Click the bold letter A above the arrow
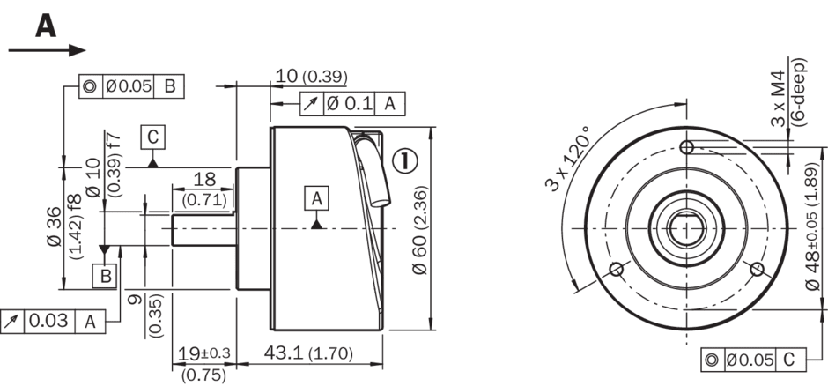click(46, 26)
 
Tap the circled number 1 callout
click(405, 160)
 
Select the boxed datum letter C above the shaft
click(152, 137)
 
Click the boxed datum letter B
click(105, 276)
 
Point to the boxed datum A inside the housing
click(316, 198)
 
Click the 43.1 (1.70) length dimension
click(308, 353)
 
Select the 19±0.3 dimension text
click(203, 353)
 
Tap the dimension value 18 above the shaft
click(204, 180)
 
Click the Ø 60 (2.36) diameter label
click(419, 230)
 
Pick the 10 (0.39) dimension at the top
click(311, 76)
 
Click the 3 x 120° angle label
click(567, 159)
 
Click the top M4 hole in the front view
click(686, 147)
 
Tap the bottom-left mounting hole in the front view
click(617, 270)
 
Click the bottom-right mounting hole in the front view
click(757, 270)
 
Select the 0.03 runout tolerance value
click(48, 321)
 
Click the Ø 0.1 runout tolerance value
click(349, 103)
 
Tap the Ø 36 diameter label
click(55, 226)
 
